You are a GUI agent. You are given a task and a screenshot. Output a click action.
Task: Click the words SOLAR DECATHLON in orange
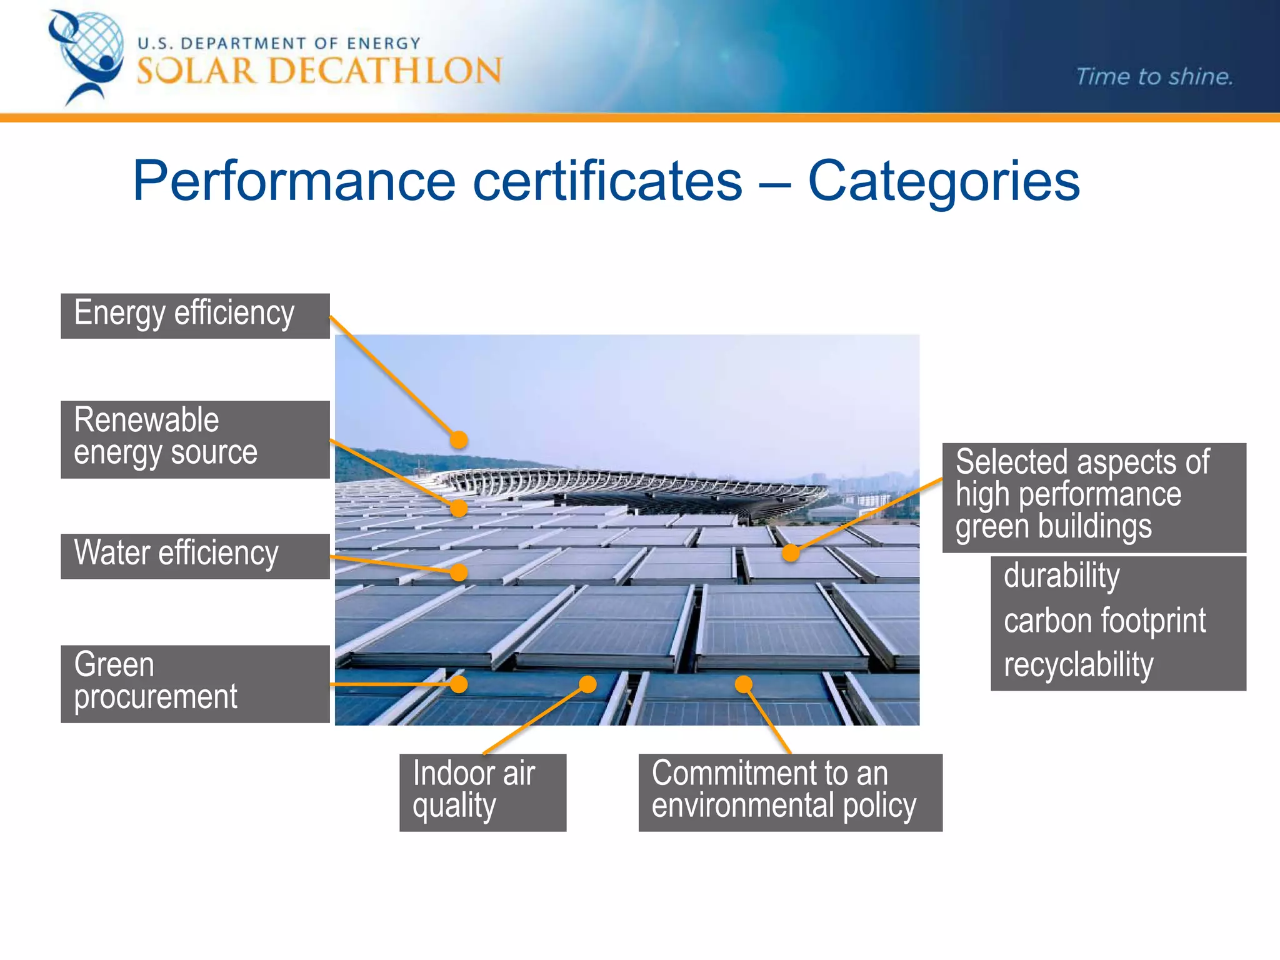[319, 71]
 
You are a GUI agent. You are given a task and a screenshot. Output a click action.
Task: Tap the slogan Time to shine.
[1154, 76]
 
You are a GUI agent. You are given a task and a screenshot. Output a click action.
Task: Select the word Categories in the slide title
[944, 181]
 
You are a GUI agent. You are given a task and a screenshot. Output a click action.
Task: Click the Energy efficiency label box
[195, 316]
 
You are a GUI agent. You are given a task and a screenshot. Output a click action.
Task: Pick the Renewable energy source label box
[195, 439]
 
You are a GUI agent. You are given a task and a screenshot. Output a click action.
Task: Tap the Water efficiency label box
[195, 556]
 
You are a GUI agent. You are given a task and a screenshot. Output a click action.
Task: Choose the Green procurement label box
[195, 684]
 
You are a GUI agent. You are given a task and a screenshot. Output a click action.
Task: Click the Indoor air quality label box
[482, 792]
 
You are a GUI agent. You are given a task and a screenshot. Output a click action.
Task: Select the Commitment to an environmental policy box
[790, 792]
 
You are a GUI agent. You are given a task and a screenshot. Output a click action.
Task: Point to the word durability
[1061, 576]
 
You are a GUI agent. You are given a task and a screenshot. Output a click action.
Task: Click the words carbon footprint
[1104, 621]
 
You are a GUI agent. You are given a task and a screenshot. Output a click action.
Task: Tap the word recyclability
[1078, 664]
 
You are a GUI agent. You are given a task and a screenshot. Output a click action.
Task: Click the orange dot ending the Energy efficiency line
[459, 440]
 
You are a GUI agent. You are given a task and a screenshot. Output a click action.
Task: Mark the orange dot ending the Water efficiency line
[459, 572]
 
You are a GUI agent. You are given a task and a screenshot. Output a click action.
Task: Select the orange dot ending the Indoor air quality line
[587, 684]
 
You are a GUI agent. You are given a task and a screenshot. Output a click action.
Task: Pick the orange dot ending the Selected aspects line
[791, 552]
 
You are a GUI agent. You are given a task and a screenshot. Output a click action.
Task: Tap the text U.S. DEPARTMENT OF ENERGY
[279, 43]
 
